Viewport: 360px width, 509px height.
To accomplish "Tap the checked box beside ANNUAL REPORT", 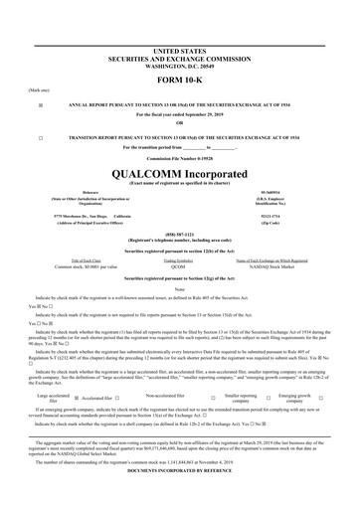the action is point(40,103).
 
